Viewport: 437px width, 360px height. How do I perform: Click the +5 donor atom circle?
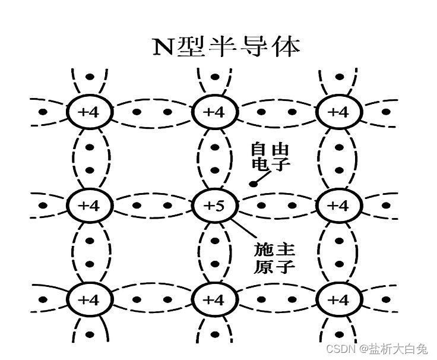click(x=214, y=206)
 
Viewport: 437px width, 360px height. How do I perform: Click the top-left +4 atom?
click(x=89, y=111)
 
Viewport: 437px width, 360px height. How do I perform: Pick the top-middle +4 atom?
click(x=214, y=111)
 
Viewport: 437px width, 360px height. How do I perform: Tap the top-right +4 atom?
click(x=338, y=111)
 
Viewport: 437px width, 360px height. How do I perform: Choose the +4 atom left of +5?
click(x=89, y=206)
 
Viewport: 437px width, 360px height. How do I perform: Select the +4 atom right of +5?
click(x=338, y=206)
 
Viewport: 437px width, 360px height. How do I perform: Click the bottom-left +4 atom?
click(x=89, y=299)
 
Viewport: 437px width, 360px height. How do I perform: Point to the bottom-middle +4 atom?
click(x=214, y=299)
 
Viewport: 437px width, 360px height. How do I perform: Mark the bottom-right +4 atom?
click(x=338, y=299)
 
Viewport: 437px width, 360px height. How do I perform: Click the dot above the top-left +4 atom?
click(x=89, y=77)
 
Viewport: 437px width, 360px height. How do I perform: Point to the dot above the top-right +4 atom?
click(x=338, y=77)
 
